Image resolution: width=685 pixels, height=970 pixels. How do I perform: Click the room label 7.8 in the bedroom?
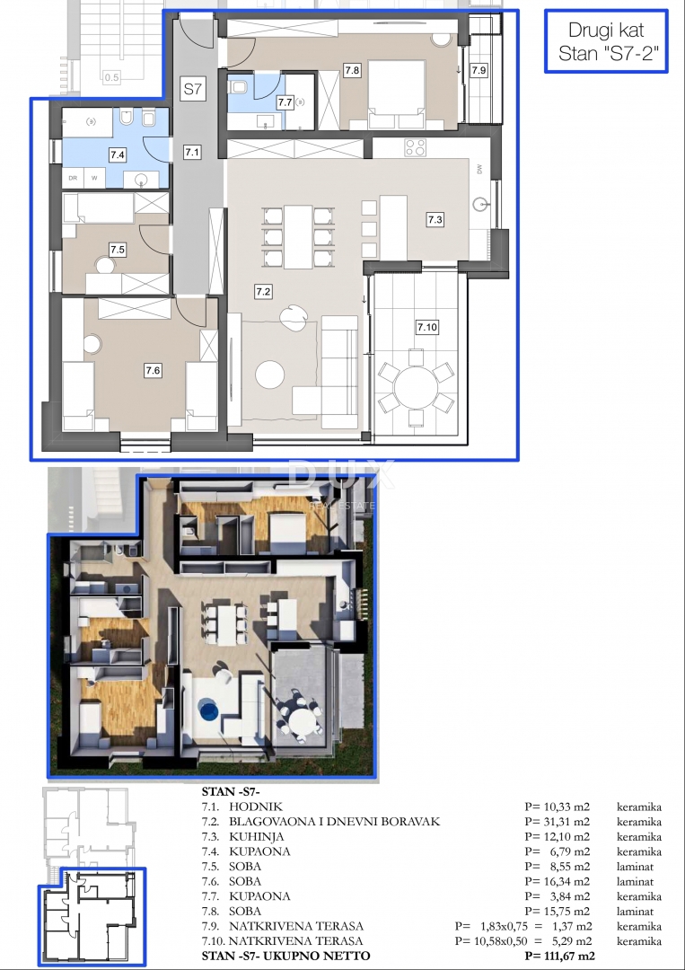point(352,70)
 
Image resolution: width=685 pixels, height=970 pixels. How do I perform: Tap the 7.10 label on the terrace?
point(426,327)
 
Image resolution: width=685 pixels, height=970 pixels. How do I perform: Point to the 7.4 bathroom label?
point(117,154)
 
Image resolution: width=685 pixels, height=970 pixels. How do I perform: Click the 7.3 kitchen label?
point(435,218)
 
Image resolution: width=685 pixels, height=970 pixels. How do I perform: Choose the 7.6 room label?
point(153,368)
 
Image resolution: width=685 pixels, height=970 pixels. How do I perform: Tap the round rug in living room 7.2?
point(272,375)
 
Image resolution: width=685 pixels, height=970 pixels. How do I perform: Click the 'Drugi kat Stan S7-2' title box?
point(607,41)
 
